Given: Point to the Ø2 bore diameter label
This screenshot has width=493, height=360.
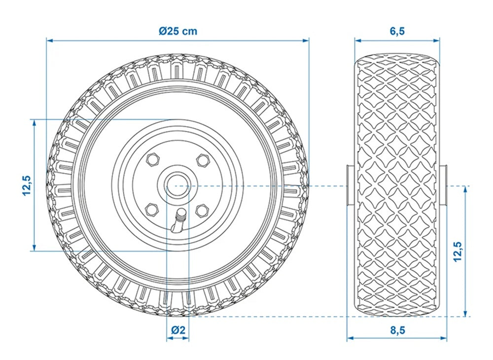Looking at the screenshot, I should [x=177, y=330].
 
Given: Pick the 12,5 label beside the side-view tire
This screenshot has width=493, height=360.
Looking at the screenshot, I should [x=457, y=252].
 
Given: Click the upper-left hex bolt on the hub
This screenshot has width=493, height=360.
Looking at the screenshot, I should [x=152, y=159].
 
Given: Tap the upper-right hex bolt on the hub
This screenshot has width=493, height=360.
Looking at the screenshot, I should [x=201, y=159].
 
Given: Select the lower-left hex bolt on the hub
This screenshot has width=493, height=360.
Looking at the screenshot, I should [x=152, y=210].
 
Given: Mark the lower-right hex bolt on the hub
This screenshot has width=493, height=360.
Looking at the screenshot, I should [x=201, y=210].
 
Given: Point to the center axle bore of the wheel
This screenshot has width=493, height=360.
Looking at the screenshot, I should [x=177, y=185].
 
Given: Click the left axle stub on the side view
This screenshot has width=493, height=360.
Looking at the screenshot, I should [x=349, y=185].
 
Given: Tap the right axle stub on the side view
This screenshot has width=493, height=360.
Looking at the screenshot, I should [x=445, y=185].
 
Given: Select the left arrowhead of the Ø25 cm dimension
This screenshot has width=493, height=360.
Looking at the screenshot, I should [x=49, y=40].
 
